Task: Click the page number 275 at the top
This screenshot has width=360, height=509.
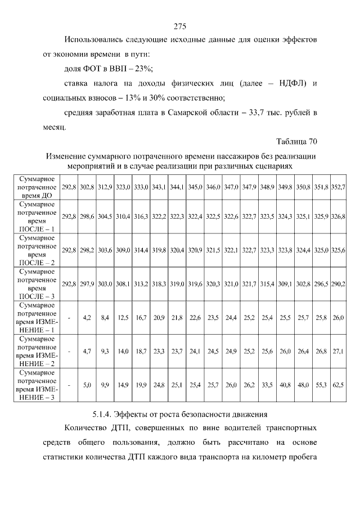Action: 180,26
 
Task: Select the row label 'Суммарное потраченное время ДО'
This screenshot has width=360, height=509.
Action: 35,186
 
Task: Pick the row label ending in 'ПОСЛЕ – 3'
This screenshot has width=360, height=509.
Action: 35,284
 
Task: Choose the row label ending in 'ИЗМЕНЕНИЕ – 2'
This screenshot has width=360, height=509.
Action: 35,351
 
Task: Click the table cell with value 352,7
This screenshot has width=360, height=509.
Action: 338,186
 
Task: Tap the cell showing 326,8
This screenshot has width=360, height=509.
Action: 338,216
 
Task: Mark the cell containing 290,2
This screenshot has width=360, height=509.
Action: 338,284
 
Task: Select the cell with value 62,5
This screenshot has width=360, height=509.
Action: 338,385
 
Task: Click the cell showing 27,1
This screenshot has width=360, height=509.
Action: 338,351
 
